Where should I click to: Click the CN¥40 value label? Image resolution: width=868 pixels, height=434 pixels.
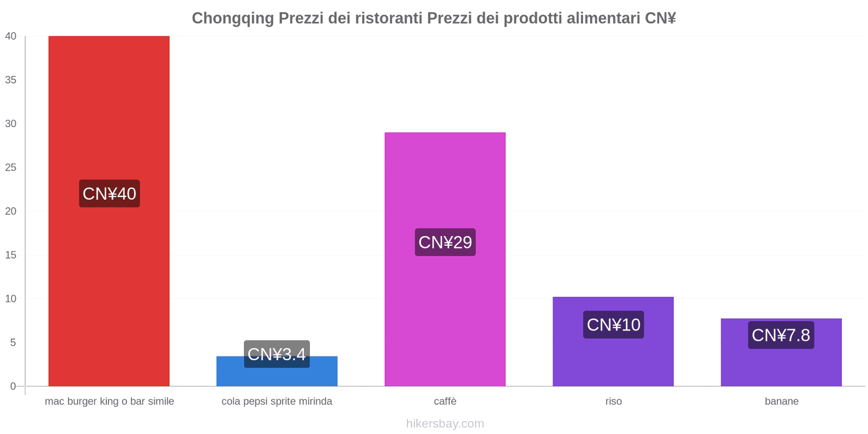pyautogui.click(x=109, y=194)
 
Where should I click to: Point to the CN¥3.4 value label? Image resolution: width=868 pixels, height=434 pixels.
pyautogui.click(x=277, y=354)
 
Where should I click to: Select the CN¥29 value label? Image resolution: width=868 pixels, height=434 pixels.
pyautogui.click(x=445, y=242)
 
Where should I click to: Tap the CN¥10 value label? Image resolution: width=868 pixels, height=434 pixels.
pyautogui.click(x=614, y=324)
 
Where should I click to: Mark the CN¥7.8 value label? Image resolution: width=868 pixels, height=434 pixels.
pyautogui.click(x=781, y=335)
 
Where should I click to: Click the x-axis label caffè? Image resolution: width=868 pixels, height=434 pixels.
pyautogui.click(x=445, y=401)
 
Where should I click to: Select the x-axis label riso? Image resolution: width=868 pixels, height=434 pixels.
pyautogui.click(x=614, y=401)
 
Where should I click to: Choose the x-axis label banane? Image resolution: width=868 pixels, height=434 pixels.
pyautogui.click(x=781, y=401)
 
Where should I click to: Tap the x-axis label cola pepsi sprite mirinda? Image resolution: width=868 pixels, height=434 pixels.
pyautogui.click(x=277, y=401)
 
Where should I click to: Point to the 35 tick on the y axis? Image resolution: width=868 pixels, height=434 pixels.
pyautogui.click(x=11, y=80)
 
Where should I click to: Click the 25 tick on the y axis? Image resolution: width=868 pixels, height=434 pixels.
pyautogui.click(x=11, y=168)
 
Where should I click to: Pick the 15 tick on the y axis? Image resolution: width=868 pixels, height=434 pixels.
pyautogui.click(x=11, y=255)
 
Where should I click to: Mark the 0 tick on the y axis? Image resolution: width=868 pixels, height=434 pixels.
pyautogui.click(x=13, y=386)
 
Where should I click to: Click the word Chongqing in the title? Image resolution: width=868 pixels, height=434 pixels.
pyautogui.click(x=233, y=18)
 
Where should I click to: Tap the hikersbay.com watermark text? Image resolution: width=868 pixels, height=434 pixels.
pyautogui.click(x=445, y=424)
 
